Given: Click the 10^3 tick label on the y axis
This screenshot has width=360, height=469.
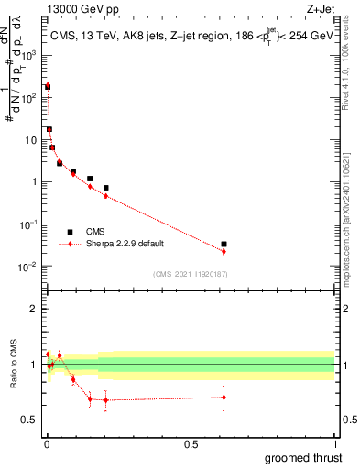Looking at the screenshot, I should point(29,55).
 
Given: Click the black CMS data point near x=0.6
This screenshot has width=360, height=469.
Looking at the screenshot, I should point(224,245).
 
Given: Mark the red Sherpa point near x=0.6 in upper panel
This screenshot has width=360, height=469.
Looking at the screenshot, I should point(224,251).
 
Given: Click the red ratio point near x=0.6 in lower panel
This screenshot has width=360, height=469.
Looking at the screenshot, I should point(224,397).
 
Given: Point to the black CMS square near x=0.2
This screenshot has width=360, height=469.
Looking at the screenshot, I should point(106,188).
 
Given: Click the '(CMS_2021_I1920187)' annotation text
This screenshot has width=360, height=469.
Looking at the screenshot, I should point(190,273).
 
